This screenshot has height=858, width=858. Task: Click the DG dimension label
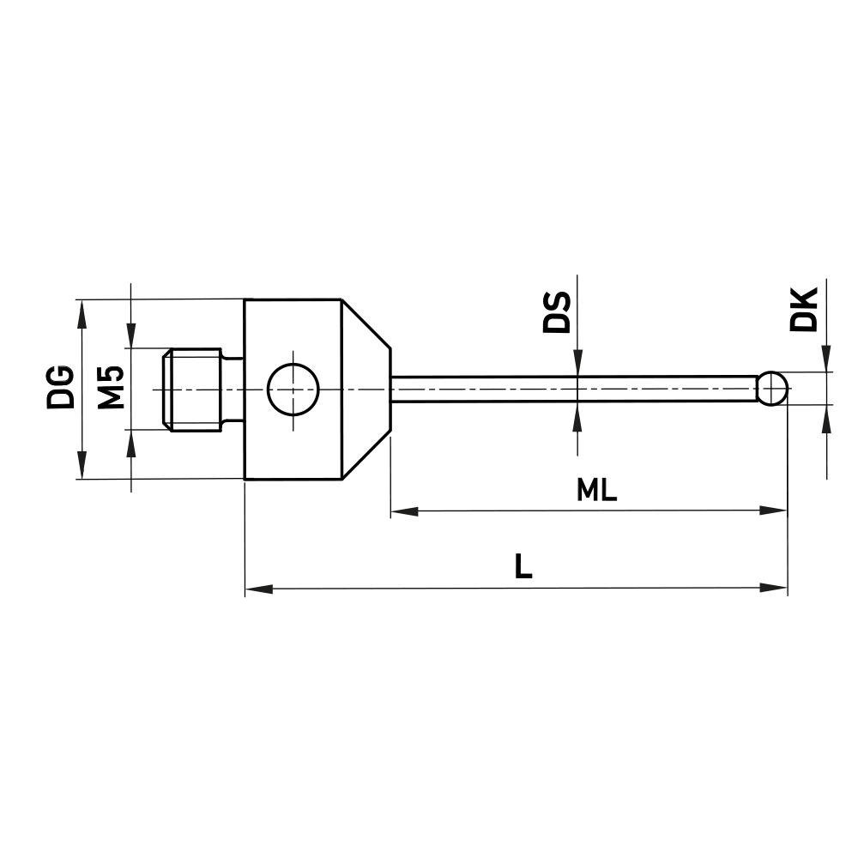(x=60, y=388)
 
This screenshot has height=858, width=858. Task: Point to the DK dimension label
(x=804, y=310)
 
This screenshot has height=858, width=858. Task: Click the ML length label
(x=596, y=491)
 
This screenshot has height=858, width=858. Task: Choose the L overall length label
(x=523, y=566)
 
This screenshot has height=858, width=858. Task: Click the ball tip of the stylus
(x=773, y=388)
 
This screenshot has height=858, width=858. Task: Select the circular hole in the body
(x=293, y=389)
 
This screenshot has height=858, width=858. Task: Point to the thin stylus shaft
(x=575, y=389)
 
